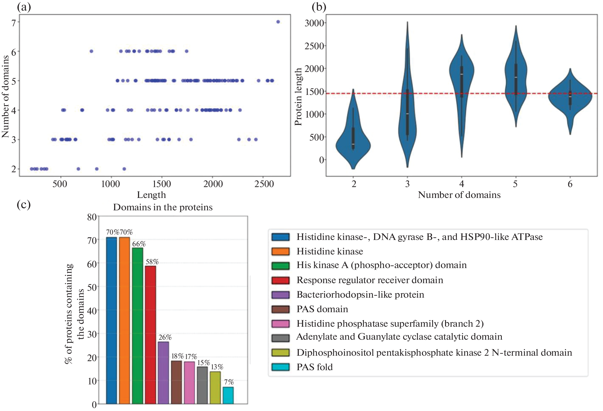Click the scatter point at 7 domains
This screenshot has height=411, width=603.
pyautogui.click(x=278, y=22)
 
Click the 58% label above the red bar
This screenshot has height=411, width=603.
pyautogui.click(x=152, y=262)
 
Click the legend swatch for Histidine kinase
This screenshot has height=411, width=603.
pyautogui.click(x=281, y=251)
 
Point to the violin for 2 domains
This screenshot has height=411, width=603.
pyautogui.click(x=353, y=139)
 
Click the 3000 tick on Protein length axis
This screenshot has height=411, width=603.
pyautogui.click(x=314, y=23)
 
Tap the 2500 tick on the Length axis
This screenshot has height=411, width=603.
pyautogui.click(x=264, y=184)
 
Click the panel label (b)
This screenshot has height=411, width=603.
pyautogui.click(x=319, y=7)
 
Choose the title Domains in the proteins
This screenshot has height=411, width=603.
pyautogui.click(x=163, y=207)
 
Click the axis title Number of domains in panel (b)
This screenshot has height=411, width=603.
pyautogui.click(x=459, y=195)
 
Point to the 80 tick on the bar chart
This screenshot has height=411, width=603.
pyautogui.click(x=92, y=217)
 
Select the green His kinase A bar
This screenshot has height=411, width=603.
pyautogui.click(x=137, y=326)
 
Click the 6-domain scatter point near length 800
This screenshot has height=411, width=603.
pyautogui.click(x=91, y=51)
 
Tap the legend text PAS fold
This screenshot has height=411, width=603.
pyautogui.click(x=315, y=367)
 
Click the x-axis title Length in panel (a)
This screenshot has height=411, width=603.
pyautogui.click(x=151, y=195)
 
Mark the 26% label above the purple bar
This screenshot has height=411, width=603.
pyautogui.click(x=165, y=337)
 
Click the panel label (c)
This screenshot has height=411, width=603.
pyautogui.click(x=24, y=205)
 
